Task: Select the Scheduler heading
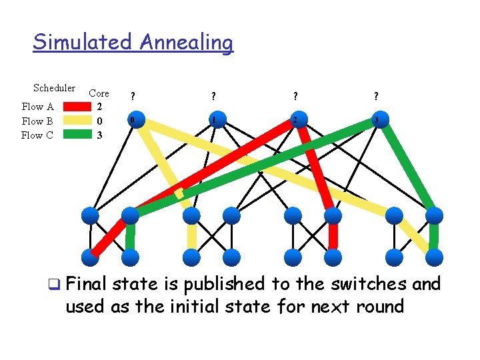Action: [54, 88]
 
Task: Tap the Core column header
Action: [99, 93]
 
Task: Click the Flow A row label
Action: [37, 107]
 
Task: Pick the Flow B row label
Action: [37, 121]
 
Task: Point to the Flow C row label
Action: [37, 135]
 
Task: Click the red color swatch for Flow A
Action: [70, 107]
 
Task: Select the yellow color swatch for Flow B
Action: [70, 121]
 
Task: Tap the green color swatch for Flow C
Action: [70, 135]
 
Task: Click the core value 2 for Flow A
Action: [99, 107]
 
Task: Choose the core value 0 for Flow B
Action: [99, 121]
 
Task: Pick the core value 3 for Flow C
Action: [99, 135]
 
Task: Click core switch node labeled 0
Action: [133, 121]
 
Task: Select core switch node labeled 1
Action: [213, 121]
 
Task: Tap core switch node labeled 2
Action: [295, 121]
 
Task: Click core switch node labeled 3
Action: [377, 121]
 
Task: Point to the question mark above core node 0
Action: [133, 97]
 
